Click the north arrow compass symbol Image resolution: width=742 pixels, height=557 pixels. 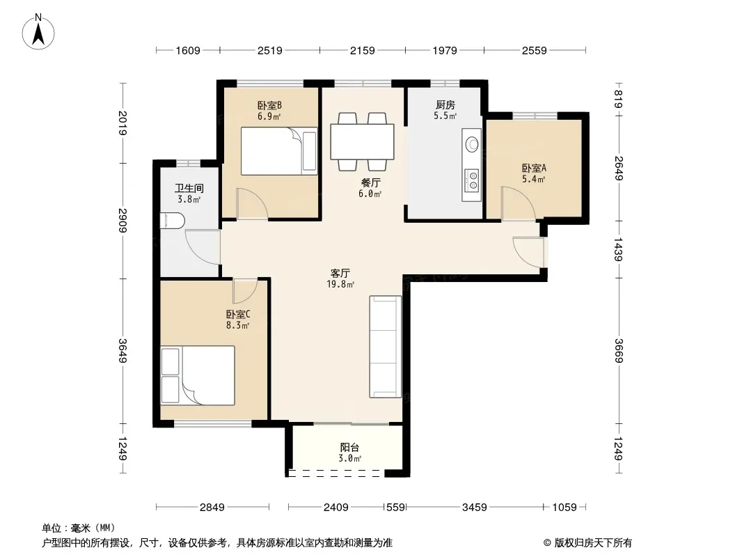pyautogui.click(x=38, y=31)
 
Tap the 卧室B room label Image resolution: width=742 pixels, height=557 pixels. pyautogui.click(x=269, y=105)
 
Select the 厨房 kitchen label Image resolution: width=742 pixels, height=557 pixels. pyautogui.click(x=445, y=104)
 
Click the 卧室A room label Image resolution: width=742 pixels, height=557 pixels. pyautogui.click(x=534, y=168)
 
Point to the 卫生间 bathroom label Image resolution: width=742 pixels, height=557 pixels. pyautogui.click(x=189, y=189)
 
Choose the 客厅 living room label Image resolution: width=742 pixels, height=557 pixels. pyautogui.click(x=340, y=273)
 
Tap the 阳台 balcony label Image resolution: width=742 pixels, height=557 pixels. pyautogui.click(x=349, y=447)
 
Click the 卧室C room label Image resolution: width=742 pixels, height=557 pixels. pyautogui.click(x=238, y=314)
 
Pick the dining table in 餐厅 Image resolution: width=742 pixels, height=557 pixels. pyautogui.click(x=362, y=141)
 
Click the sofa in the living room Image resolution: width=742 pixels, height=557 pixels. pyautogui.click(x=385, y=347)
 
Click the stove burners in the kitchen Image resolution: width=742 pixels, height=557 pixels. pyautogui.click(x=472, y=180)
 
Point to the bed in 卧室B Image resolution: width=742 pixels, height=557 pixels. pyautogui.click(x=279, y=151)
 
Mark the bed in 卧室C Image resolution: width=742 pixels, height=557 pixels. pyautogui.click(x=198, y=375)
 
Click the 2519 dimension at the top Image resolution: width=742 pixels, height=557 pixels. pyautogui.click(x=270, y=50)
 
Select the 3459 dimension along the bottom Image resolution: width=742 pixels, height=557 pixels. pyautogui.click(x=474, y=508)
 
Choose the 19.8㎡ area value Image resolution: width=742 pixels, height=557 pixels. pyautogui.click(x=340, y=284)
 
